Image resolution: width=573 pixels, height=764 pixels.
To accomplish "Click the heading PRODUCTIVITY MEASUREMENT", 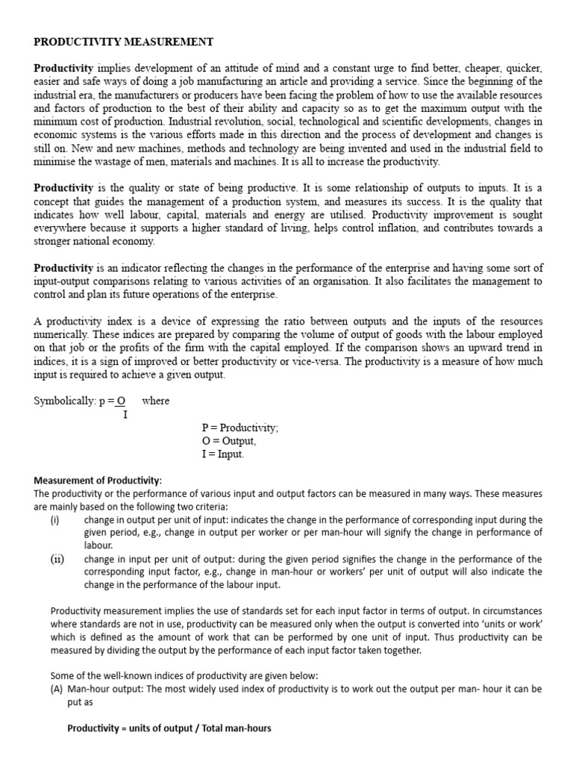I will (x=124, y=42).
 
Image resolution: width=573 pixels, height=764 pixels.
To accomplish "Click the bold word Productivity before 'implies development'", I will (x=63, y=68).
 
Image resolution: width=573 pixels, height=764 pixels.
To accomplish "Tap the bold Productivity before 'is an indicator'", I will (x=63, y=268).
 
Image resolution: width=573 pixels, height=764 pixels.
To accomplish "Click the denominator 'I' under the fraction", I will (x=125, y=414).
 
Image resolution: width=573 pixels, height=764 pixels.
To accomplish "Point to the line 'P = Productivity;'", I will (x=239, y=428).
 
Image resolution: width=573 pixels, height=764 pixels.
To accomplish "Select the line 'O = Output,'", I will (x=234, y=441).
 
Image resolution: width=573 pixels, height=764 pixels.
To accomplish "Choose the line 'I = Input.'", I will (x=222, y=454).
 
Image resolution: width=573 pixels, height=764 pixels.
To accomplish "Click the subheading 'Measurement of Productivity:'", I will (x=98, y=480).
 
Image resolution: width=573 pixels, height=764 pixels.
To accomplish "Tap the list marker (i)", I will (x=55, y=519).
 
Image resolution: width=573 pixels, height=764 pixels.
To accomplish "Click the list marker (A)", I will (x=57, y=689).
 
